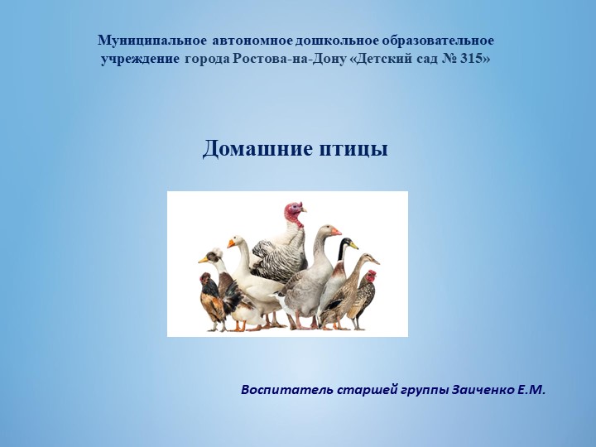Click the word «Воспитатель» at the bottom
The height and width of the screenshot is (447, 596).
pos(286,389)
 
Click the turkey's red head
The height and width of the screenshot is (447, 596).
pos(292,213)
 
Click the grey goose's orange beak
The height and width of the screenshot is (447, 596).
pos(335,233)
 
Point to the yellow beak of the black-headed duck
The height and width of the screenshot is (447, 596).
pos(353,245)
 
